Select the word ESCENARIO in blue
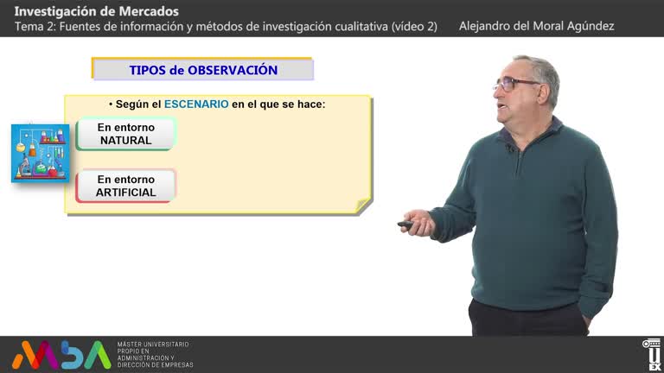pos(196,104)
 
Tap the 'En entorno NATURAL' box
pos(125,134)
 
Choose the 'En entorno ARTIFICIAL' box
pos(125,186)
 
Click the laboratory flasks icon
pos(40,153)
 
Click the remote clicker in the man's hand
pos(405,224)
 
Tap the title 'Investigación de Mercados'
pos(97,11)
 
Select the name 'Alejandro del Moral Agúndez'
pos(536,26)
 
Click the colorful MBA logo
pos(61,354)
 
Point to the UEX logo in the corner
pos(652,354)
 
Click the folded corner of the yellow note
pos(365,205)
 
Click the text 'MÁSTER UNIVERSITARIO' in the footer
pos(153,345)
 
